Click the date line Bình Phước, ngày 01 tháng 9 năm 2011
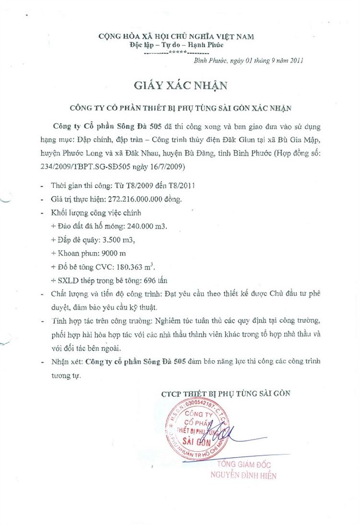[248, 61]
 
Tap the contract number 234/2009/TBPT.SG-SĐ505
[82, 167]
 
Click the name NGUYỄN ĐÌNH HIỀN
[243, 476]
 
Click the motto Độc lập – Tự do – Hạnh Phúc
[177, 45]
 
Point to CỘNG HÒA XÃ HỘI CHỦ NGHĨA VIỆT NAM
[176, 36]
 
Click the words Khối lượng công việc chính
[89, 212]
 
